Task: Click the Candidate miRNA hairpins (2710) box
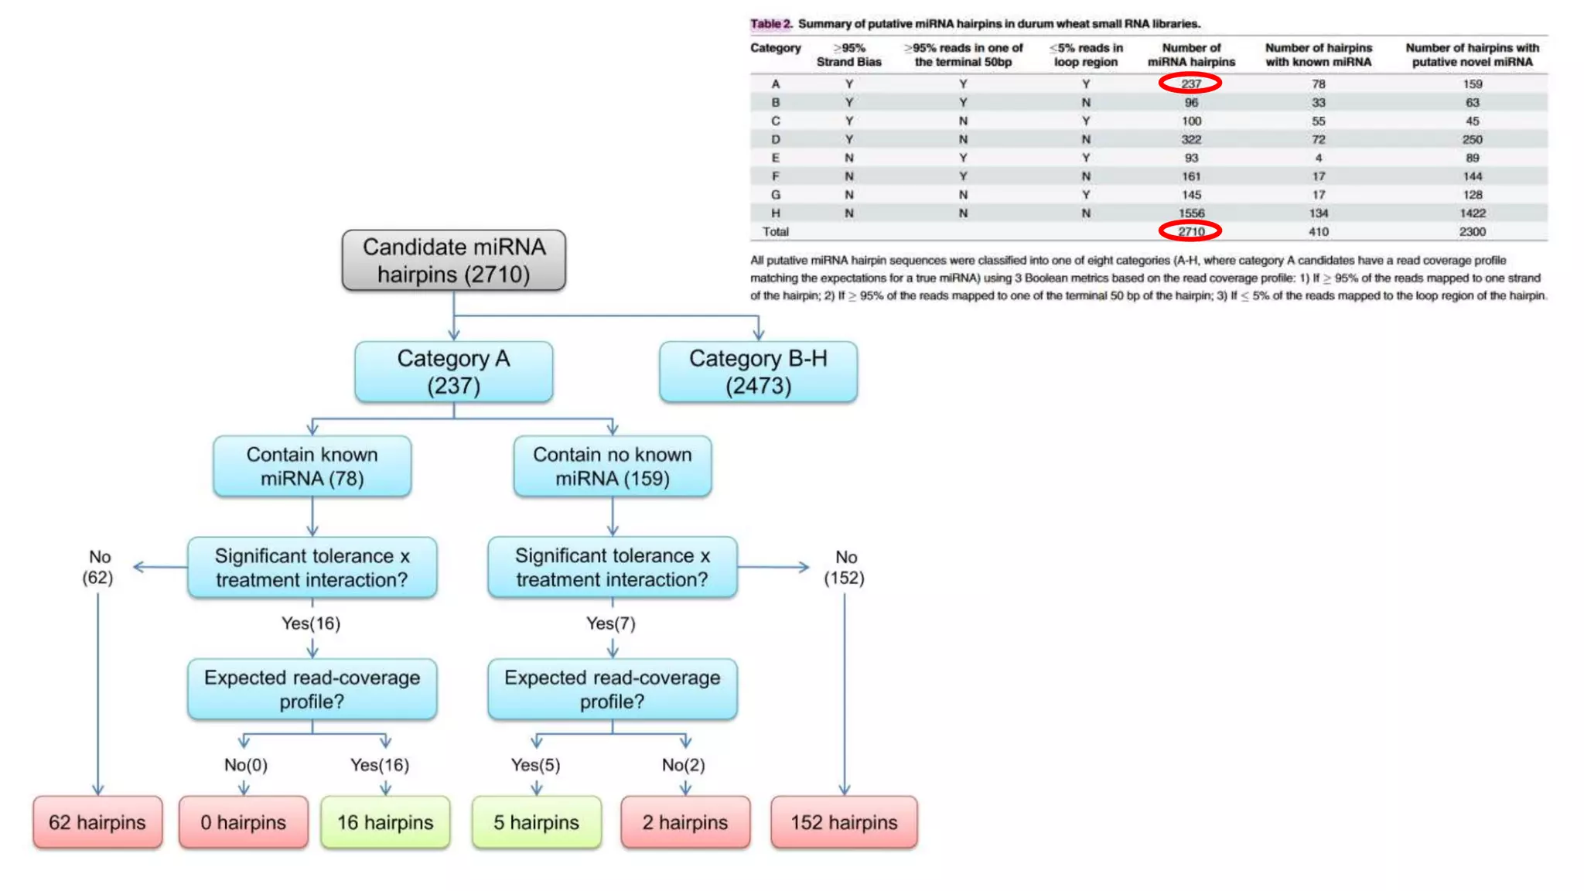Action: pos(453,261)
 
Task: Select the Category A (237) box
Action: pos(453,372)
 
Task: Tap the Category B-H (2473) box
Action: pos(758,372)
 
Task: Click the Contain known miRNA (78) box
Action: pos(312,466)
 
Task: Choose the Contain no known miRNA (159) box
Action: pos(612,466)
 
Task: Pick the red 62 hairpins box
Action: pos(97,822)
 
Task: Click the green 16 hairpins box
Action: pos(385,822)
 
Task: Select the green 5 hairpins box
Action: pos(536,822)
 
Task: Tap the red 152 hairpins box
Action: pos(844,822)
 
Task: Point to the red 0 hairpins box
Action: pos(243,822)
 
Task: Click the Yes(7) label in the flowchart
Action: pos(610,623)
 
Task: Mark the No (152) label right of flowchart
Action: pos(845,568)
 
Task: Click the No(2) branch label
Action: pos(683,765)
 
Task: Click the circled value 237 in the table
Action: pos(1190,84)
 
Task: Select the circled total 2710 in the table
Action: pos(1190,231)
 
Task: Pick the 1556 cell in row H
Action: pos(1191,213)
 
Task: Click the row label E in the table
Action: pos(775,158)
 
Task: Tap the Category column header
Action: pos(775,48)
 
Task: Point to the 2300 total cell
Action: pos(1472,231)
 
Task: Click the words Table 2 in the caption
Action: pos(770,24)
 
